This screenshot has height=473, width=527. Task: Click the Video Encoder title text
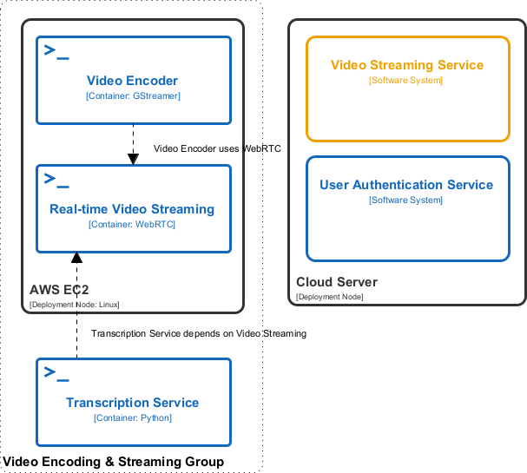pyautogui.click(x=132, y=81)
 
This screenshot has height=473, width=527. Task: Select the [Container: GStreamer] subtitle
pyautogui.click(x=132, y=95)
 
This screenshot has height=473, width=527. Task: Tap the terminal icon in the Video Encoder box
pyautogui.click(x=56, y=51)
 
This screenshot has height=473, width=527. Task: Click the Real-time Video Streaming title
pyautogui.click(x=132, y=209)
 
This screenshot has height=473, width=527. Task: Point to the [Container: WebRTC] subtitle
pyautogui.click(x=132, y=224)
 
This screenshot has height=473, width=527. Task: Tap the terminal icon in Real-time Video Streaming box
pyautogui.click(x=56, y=180)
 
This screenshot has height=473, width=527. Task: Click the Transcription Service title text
pyautogui.click(x=132, y=403)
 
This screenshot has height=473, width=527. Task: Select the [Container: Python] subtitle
pyautogui.click(x=132, y=417)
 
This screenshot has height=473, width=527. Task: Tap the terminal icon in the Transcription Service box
pyautogui.click(x=56, y=373)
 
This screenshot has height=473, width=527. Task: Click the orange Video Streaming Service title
pyautogui.click(x=407, y=65)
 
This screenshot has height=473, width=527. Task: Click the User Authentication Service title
pyautogui.click(x=406, y=185)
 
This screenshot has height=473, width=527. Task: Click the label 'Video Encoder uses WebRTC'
pyautogui.click(x=217, y=148)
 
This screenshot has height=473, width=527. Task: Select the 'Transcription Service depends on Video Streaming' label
pyautogui.click(x=198, y=333)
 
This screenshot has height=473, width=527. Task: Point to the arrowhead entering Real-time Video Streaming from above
pyautogui.click(x=133, y=159)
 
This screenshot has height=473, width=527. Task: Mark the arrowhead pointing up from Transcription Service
pyautogui.click(x=76, y=258)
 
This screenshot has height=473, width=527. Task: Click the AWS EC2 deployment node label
pyautogui.click(x=59, y=290)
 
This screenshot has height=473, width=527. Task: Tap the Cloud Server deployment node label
pyautogui.click(x=337, y=282)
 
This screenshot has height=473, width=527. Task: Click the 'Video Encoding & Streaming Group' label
pyautogui.click(x=113, y=461)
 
